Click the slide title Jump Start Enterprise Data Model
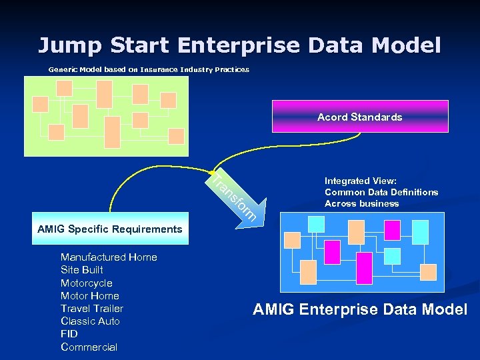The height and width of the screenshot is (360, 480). tap(239, 45)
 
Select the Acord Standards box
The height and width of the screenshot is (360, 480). tap(360, 117)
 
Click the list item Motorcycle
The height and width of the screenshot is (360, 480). tap(86, 283)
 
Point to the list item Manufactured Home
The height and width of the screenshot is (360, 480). tap(109, 257)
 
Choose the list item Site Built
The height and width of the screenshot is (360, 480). tap(81, 270)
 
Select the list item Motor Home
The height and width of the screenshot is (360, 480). tap(89, 295)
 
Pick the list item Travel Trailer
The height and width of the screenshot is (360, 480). tap(91, 308)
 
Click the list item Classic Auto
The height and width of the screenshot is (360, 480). tap(90, 321)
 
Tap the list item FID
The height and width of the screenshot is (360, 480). tap(69, 333)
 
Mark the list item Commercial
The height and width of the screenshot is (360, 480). tap(89, 347)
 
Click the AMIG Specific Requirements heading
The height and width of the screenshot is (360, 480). tap(110, 229)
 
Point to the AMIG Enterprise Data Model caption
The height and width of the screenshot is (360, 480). tap(360, 309)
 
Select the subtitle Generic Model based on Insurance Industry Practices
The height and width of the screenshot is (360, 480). tap(149, 69)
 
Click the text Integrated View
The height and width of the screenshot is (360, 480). tap(361, 181)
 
